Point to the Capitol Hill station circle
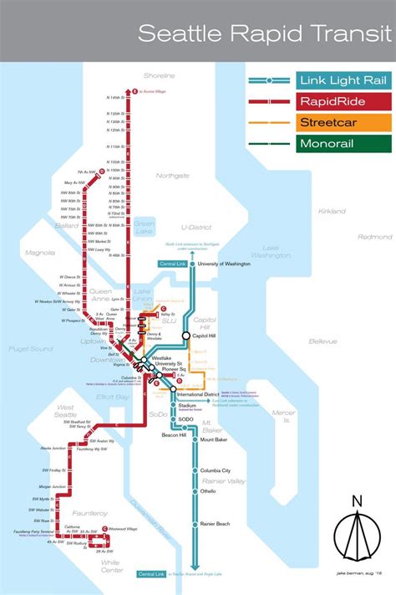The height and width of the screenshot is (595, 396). (x=186, y=336)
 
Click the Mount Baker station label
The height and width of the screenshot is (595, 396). (x=215, y=439)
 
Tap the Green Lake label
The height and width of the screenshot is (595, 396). (x=145, y=227)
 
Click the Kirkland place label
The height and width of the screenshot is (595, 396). (x=332, y=212)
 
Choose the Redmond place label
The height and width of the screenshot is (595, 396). (x=374, y=237)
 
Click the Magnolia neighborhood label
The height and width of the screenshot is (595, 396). (x=39, y=251)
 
